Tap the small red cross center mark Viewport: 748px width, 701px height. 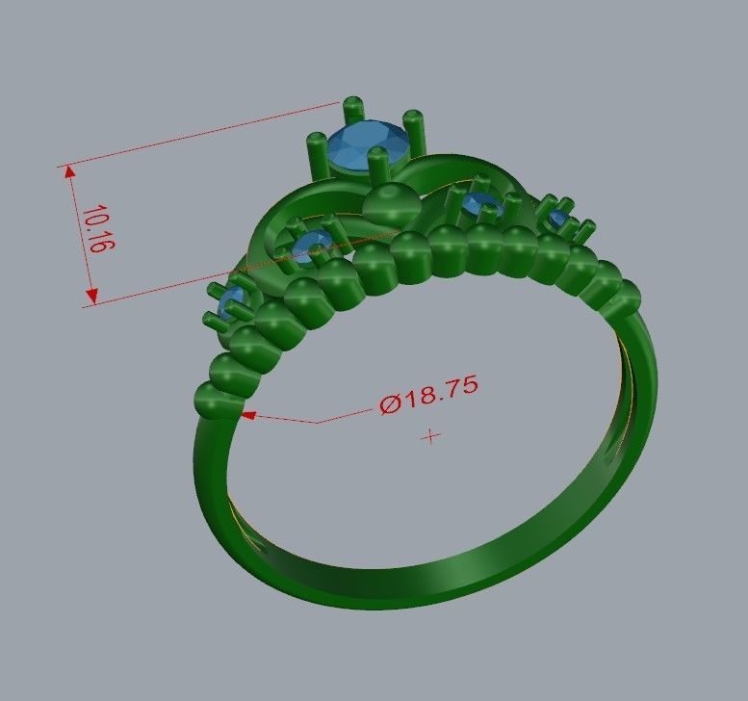pyautogui.click(x=432, y=436)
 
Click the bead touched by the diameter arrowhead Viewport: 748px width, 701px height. pyautogui.click(x=219, y=400)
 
